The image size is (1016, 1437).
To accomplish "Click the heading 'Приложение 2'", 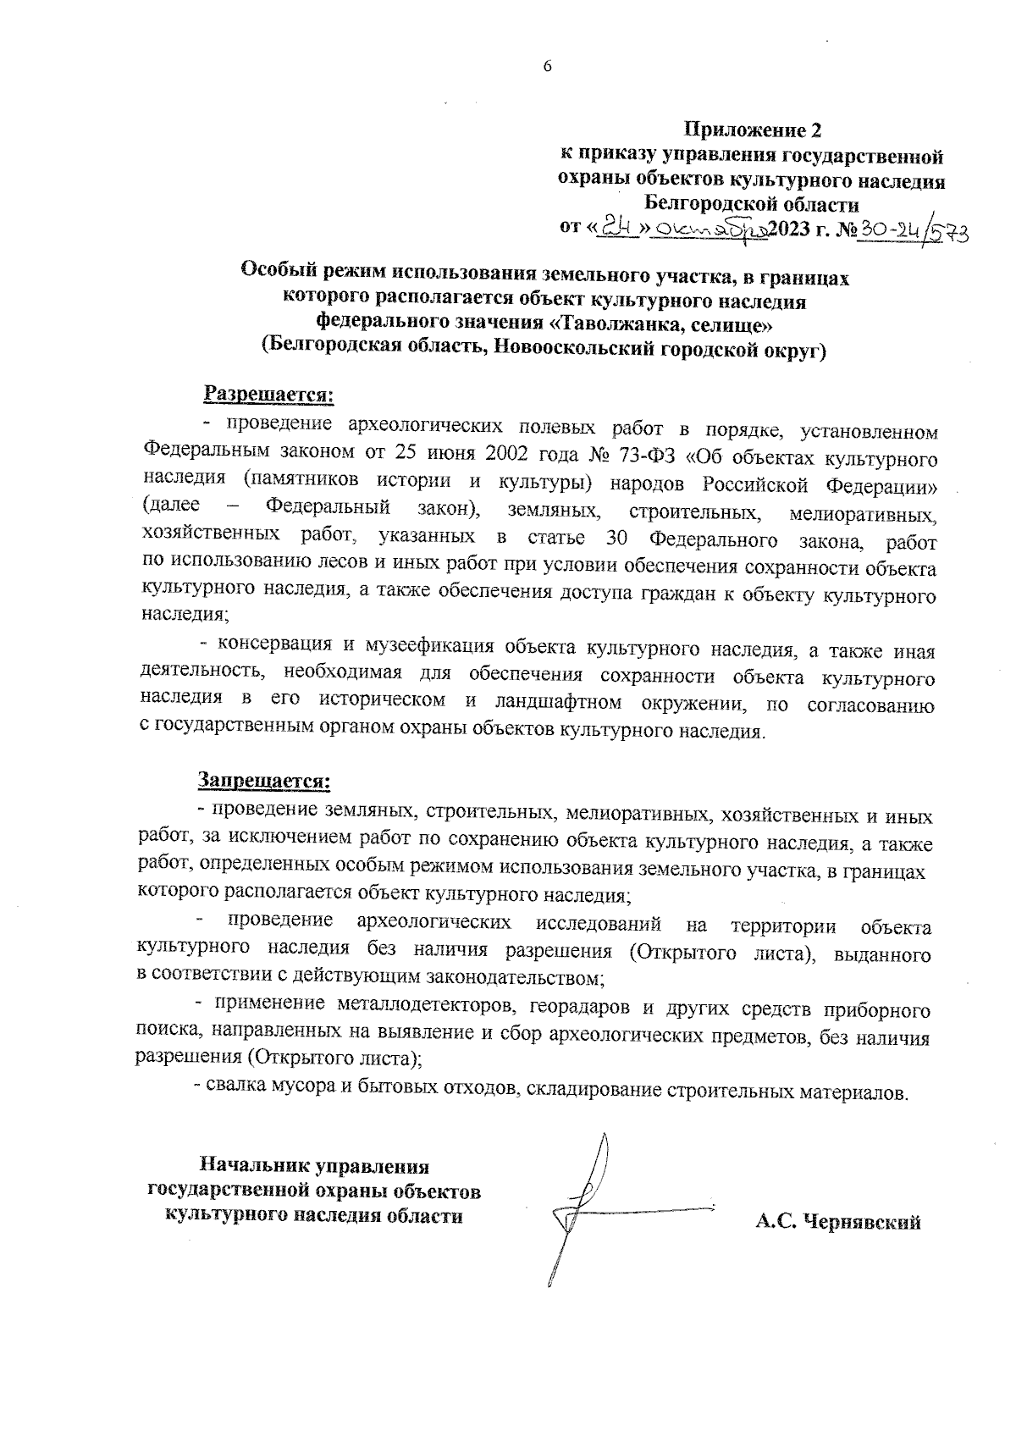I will coord(752,130).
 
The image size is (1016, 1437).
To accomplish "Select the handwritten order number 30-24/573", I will coord(914,229).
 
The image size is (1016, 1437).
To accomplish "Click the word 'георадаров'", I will coord(582,1009).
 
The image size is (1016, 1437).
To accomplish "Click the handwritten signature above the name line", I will coord(584,1202).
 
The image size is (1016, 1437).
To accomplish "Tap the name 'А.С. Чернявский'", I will coord(838,1222).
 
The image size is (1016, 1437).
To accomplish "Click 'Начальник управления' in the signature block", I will coord(314,1166).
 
